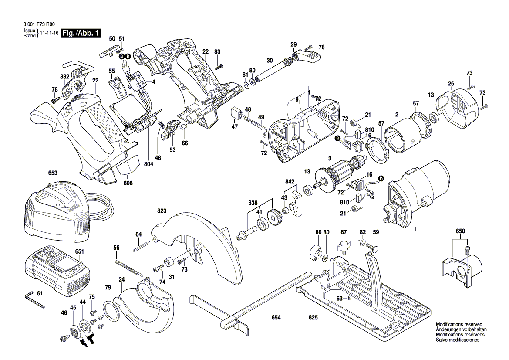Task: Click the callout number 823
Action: click(162, 211)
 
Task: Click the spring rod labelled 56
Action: click(129, 267)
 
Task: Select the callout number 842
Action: click(290, 181)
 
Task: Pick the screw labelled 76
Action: click(310, 47)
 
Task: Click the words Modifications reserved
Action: click(459, 325)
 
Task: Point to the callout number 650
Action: click(460, 231)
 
